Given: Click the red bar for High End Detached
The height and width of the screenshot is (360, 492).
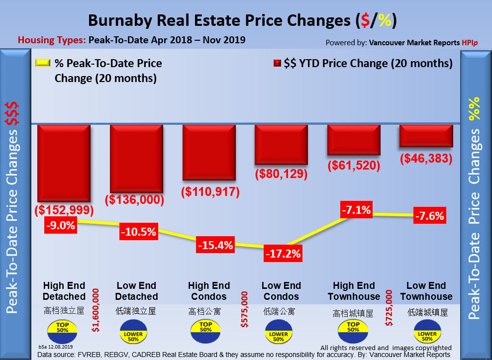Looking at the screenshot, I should [63, 163].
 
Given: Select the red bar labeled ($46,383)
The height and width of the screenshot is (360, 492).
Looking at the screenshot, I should [426, 135].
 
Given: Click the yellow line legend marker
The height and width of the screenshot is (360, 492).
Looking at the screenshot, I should [42, 64].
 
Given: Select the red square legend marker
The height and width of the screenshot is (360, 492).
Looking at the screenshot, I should [277, 64].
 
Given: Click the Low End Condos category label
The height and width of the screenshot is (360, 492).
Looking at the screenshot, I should [281, 291].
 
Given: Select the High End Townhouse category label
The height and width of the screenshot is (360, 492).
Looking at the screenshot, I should [354, 291].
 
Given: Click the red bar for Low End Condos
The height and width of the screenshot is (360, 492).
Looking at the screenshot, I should [281, 144].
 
